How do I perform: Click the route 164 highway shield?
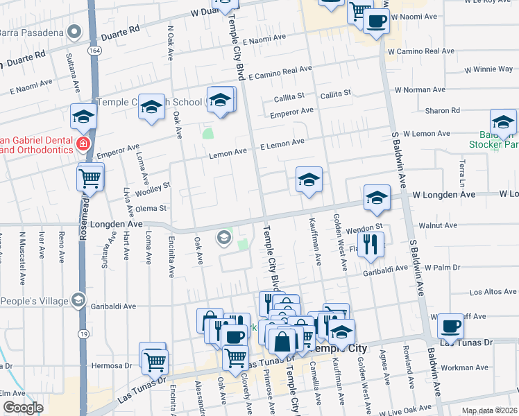click(92, 51)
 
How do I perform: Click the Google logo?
click(23, 408)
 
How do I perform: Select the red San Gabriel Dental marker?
click(83, 144)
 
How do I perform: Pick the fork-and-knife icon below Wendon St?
click(371, 244)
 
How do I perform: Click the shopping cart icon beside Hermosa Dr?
click(154, 359)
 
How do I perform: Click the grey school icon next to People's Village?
click(78, 300)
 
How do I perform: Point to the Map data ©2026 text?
click(489, 410)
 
